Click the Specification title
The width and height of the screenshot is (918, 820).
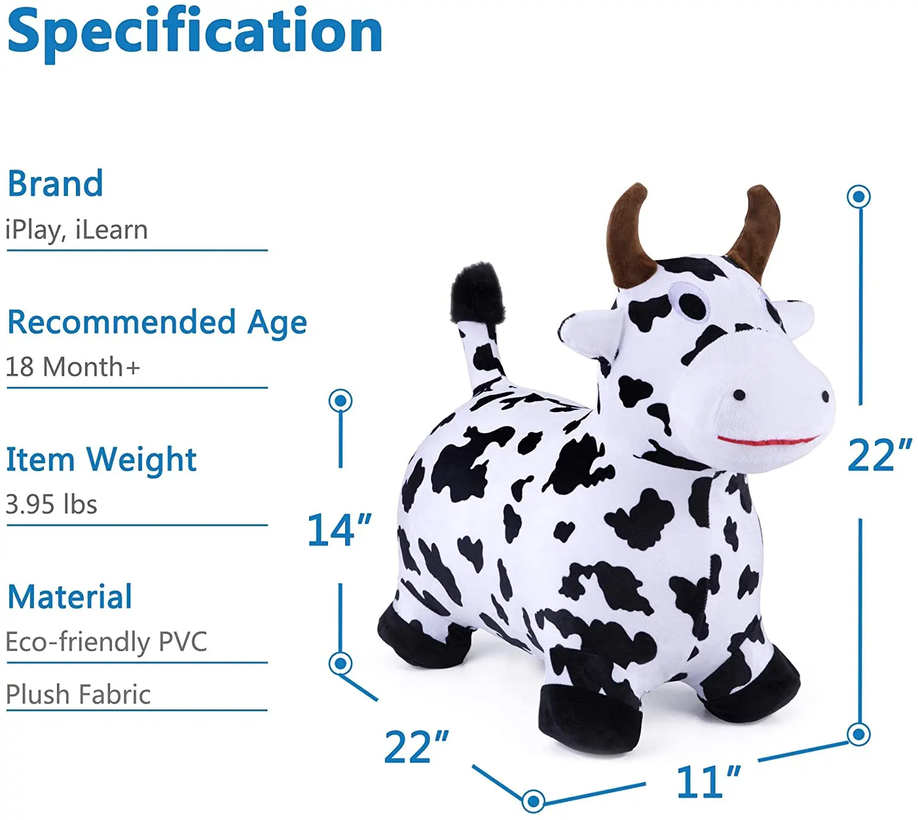tap(195, 32)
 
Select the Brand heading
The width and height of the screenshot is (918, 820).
tap(55, 184)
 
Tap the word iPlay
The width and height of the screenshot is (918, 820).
tap(34, 231)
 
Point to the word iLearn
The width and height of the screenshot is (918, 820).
tap(111, 230)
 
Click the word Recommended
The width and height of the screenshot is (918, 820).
tap(121, 322)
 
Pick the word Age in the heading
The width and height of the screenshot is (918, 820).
tap(277, 323)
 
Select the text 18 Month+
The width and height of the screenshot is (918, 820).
tap(73, 367)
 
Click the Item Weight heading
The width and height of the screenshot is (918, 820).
tap(101, 459)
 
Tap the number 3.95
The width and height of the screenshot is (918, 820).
tap(30, 505)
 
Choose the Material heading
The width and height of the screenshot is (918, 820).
tap(70, 597)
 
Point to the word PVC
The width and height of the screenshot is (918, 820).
tap(183, 642)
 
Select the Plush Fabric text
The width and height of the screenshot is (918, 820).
tap(78, 695)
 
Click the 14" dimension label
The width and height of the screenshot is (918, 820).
tap(338, 530)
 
